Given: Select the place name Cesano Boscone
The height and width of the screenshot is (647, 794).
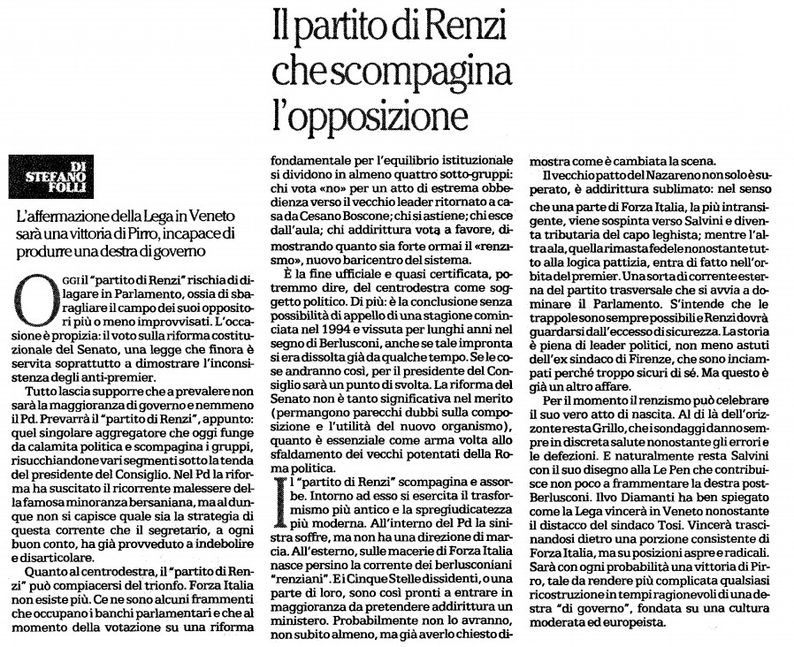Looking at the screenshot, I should click(328, 214).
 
